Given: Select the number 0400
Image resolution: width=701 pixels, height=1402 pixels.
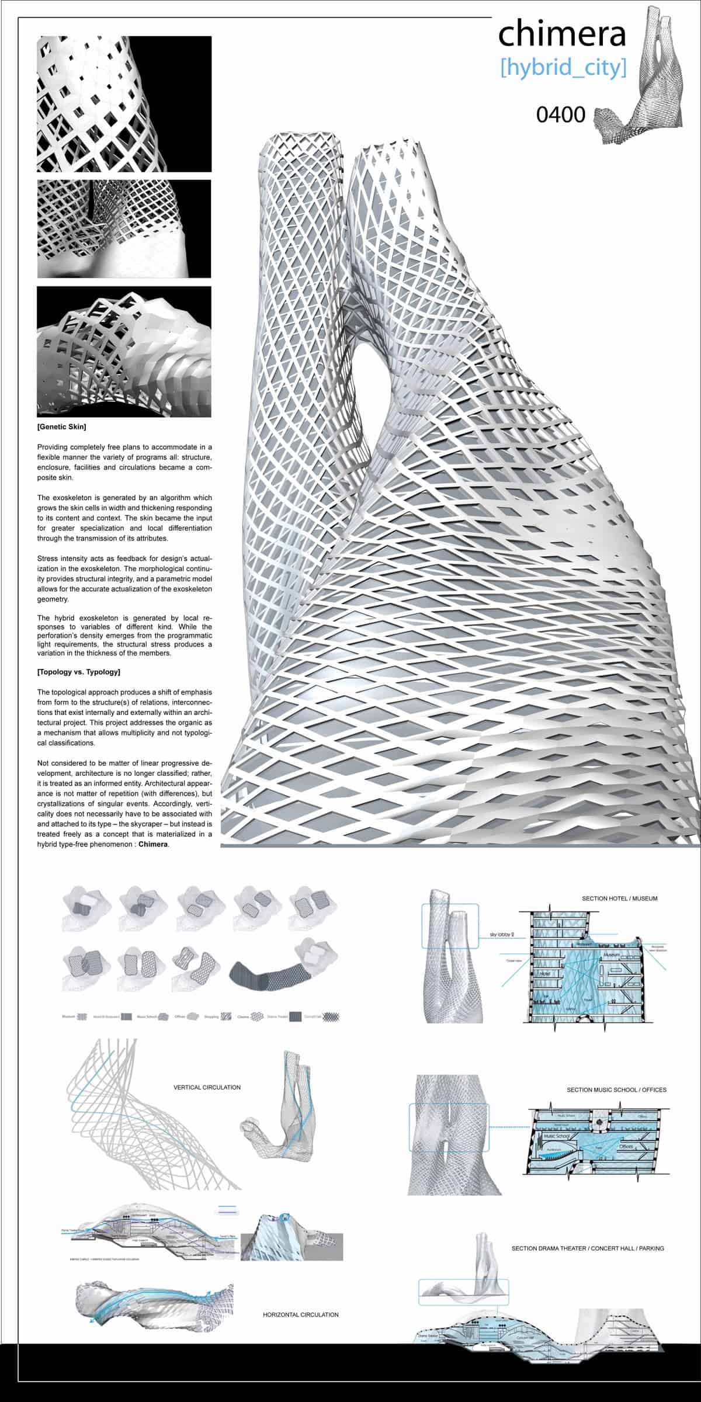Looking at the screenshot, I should (560, 114).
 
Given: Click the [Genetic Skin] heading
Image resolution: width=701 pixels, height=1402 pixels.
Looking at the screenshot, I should (61, 427).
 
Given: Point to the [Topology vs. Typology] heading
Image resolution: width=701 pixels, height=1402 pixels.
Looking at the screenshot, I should (79, 672).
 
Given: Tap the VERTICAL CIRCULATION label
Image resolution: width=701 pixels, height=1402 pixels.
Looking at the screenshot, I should (207, 1087).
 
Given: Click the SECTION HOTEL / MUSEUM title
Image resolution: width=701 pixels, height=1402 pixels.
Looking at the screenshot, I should (619, 898).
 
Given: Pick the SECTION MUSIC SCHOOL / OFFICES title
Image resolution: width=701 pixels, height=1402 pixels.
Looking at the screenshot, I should (616, 1090).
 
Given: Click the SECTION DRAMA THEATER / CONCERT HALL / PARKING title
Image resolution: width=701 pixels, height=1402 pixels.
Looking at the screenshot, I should (588, 1248).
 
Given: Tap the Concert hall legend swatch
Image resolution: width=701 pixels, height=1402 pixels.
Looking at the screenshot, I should (332, 1017).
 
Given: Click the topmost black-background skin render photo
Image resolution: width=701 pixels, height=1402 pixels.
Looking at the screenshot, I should (124, 104).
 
